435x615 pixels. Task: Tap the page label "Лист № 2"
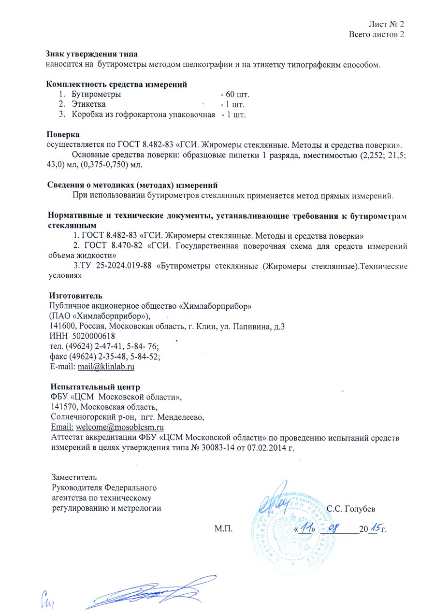point(386,24)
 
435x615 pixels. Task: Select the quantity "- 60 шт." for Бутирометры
point(234,94)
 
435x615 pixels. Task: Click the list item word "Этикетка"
point(88,104)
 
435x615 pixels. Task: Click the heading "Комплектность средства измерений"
point(116,85)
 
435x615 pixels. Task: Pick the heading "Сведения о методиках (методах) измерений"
point(133,185)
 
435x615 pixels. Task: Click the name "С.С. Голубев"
point(351,508)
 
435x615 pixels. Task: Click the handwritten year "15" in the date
point(374,527)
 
